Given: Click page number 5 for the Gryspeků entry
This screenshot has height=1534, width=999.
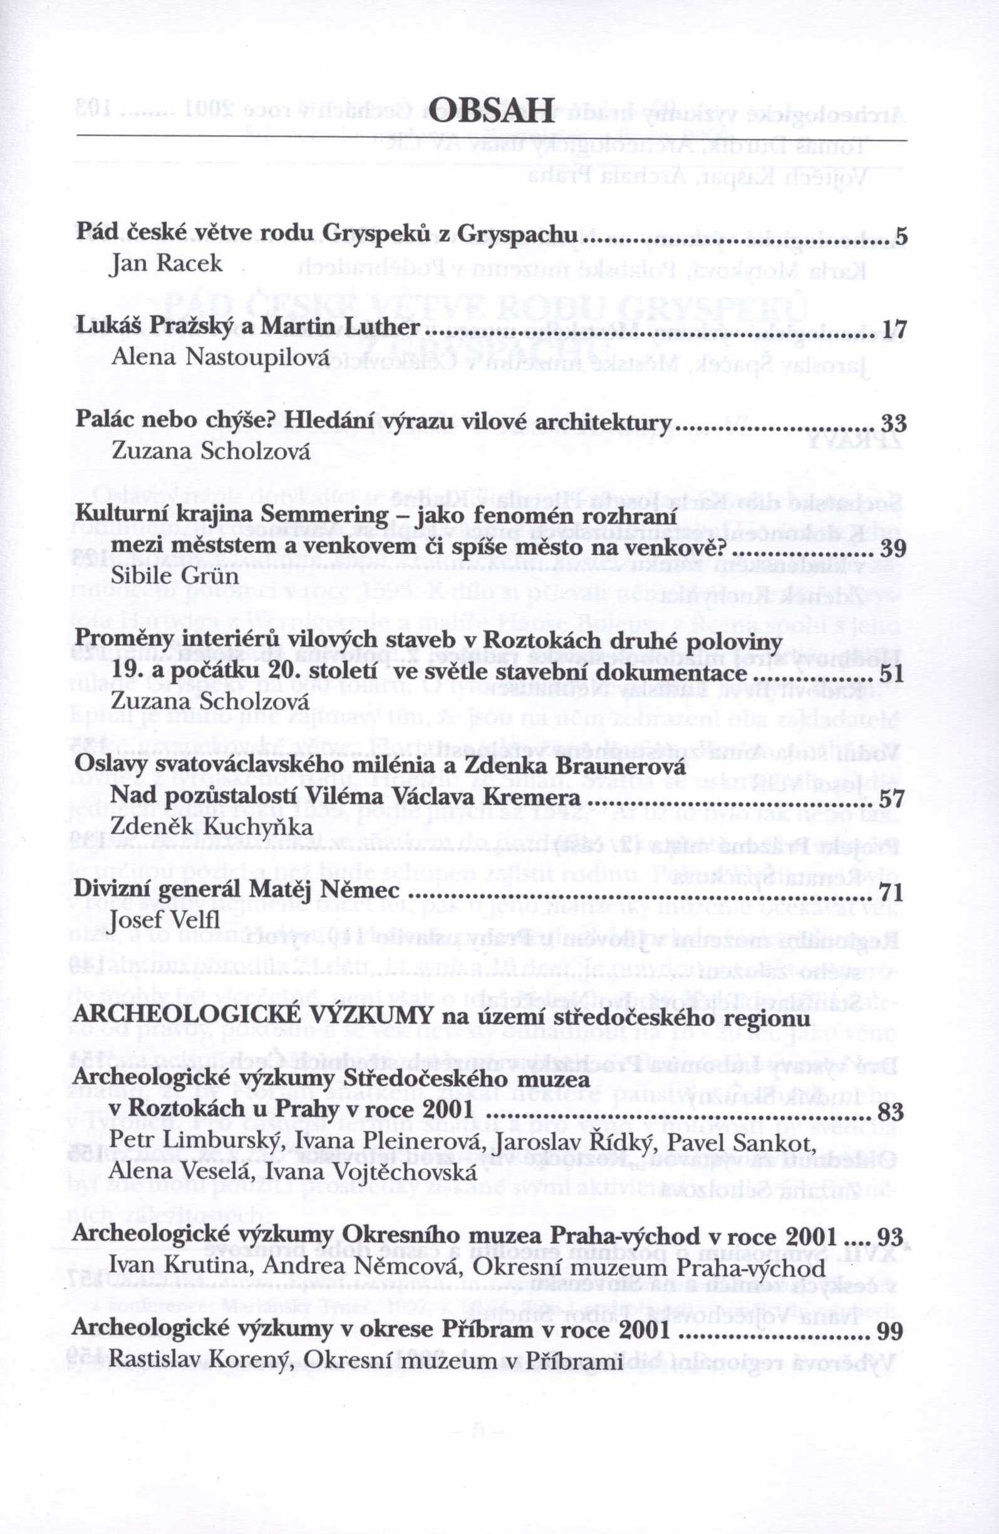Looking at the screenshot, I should tap(902, 237).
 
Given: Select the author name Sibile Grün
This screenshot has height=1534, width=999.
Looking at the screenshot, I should tap(175, 575).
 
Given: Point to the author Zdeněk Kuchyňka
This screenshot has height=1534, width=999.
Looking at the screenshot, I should tap(212, 826).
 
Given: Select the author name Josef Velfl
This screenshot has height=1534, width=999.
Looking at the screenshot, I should tap(165, 920).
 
